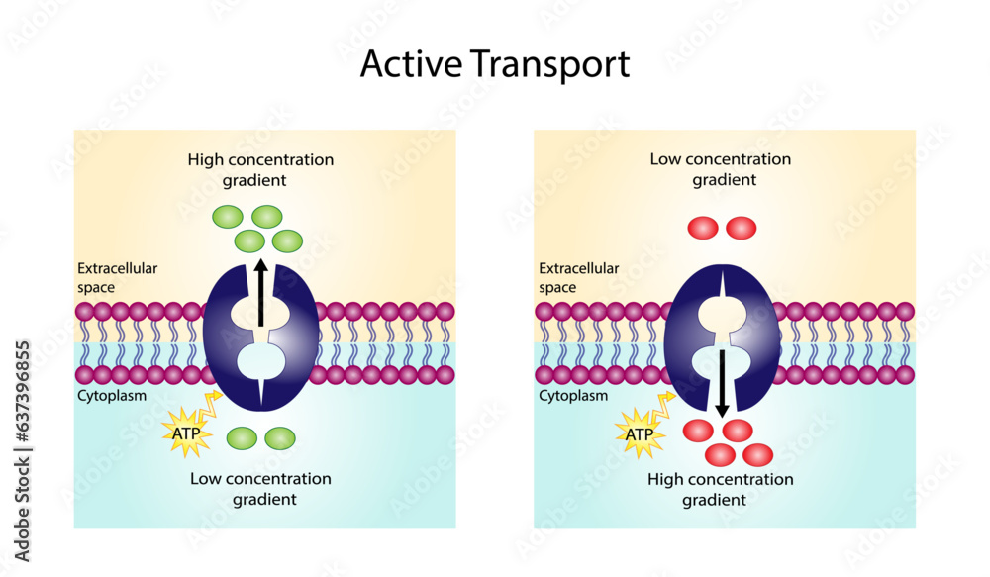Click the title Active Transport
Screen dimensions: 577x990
[494, 64]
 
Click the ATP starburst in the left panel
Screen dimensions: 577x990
[186, 433]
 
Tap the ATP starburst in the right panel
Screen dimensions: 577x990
[640, 433]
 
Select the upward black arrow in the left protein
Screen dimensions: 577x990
[260, 292]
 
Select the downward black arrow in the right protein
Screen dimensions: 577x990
[722, 381]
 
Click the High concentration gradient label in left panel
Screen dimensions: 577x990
[260, 169]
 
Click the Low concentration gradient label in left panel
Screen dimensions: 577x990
[260, 488]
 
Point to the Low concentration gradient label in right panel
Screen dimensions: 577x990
[720, 169]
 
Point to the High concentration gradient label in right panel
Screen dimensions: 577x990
[720, 489]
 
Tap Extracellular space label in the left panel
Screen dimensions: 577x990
[117, 277]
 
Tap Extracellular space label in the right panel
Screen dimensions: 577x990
[578, 277]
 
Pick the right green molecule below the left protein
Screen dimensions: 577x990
[280, 436]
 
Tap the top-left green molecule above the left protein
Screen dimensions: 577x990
[229, 216]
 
